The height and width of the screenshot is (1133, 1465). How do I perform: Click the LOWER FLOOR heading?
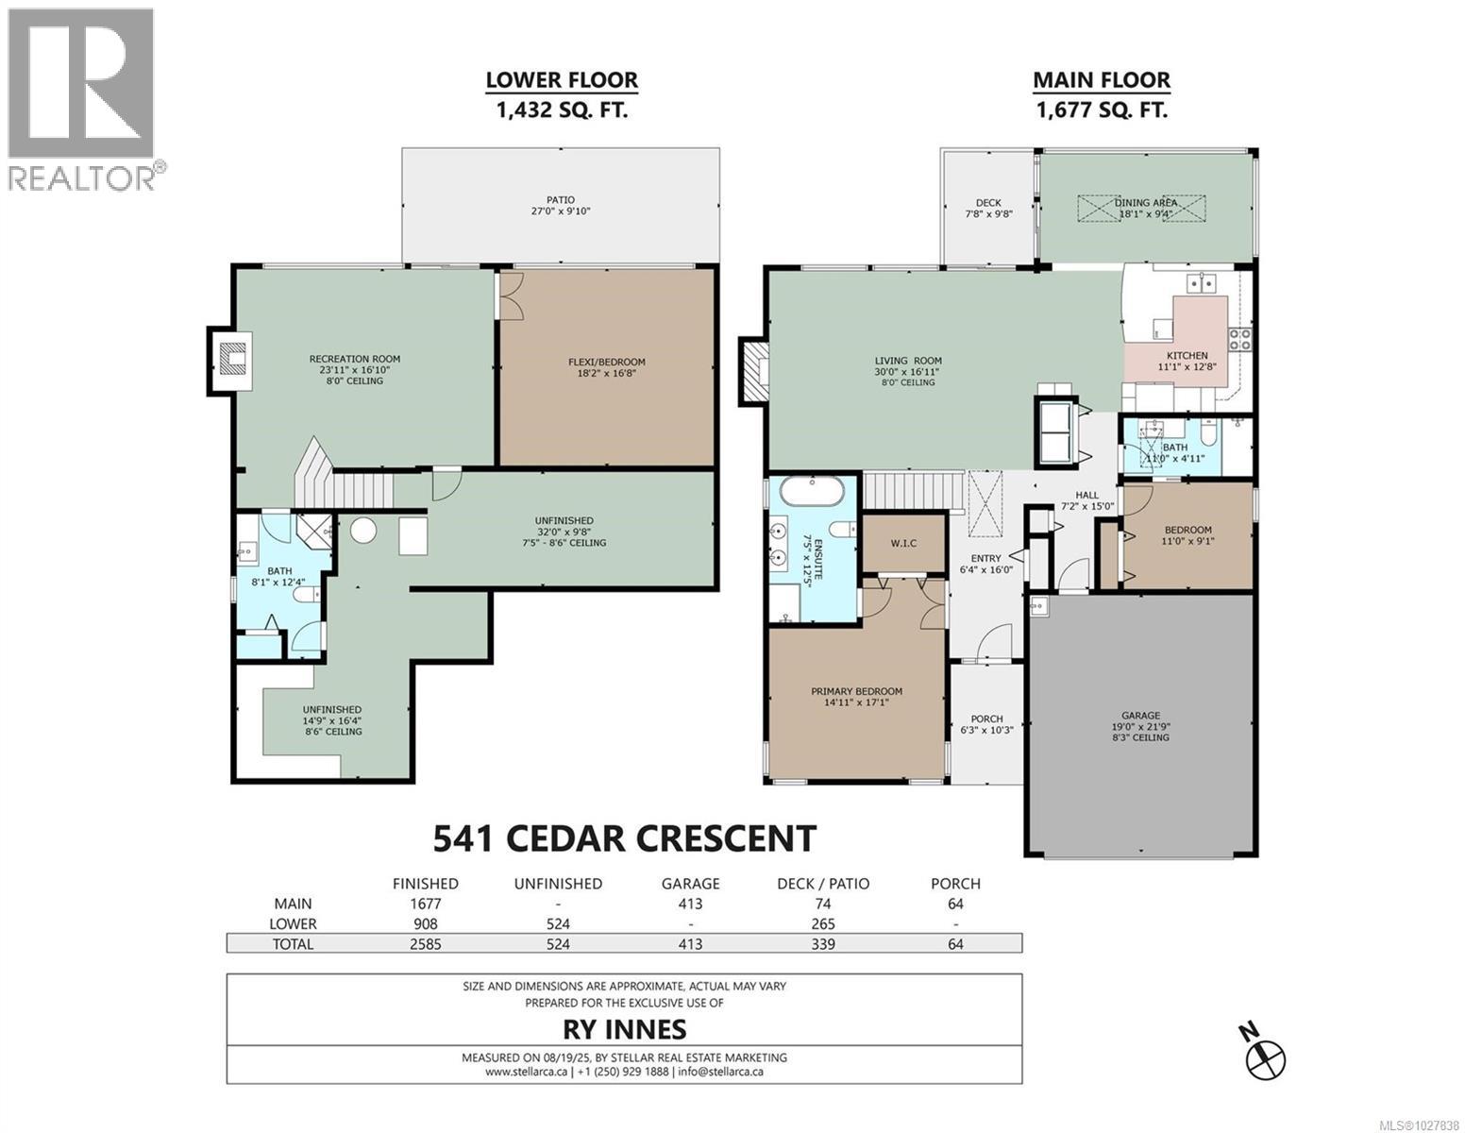coord(562,81)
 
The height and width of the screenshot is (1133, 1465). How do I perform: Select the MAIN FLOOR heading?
coord(1101,81)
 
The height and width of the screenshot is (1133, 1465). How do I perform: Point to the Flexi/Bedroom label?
coord(606,362)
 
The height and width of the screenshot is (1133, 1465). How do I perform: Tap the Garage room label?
coord(1140,716)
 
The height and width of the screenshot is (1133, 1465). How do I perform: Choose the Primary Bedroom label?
coord(856,691)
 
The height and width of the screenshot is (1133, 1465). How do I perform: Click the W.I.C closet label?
coord(903,544)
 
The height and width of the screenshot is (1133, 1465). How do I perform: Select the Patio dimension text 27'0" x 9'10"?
coord(560,212)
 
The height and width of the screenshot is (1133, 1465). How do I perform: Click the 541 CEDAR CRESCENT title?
coord(624,838)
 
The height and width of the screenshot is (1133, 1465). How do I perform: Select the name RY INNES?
coord(624,1028)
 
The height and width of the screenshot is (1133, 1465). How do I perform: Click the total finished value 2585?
coord(425,943)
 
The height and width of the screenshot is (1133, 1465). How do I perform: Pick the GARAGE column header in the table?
coord(690,884)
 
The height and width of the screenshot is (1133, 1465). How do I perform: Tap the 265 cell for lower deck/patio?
coord(822,923)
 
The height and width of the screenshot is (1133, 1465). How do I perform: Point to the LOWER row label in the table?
coord(293,923)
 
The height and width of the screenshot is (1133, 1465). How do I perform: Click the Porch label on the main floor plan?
coord(986,719)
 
